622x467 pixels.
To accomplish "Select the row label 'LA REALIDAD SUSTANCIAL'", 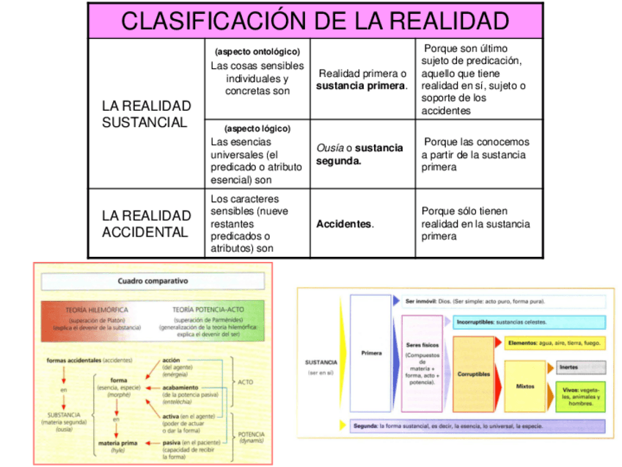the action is point(145,114).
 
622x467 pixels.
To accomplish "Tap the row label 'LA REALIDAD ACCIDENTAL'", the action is point(145,224).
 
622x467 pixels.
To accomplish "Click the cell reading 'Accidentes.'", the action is point(345,224).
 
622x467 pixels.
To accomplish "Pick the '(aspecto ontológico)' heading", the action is point(257,52).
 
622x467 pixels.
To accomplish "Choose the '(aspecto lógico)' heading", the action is point(257,128).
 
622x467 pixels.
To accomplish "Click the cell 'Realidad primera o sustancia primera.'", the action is point(362,79).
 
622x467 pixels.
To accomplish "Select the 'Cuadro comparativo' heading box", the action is point(153,281).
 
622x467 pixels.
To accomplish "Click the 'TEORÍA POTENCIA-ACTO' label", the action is point(203,311).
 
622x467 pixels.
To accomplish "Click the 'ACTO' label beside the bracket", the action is point(245,383).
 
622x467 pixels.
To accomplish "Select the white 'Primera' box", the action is point(371,352).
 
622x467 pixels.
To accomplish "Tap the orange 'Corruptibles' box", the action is point(474,374).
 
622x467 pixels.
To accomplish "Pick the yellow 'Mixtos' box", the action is point(524,385).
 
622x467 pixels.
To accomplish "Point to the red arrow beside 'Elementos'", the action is point(498,343).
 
